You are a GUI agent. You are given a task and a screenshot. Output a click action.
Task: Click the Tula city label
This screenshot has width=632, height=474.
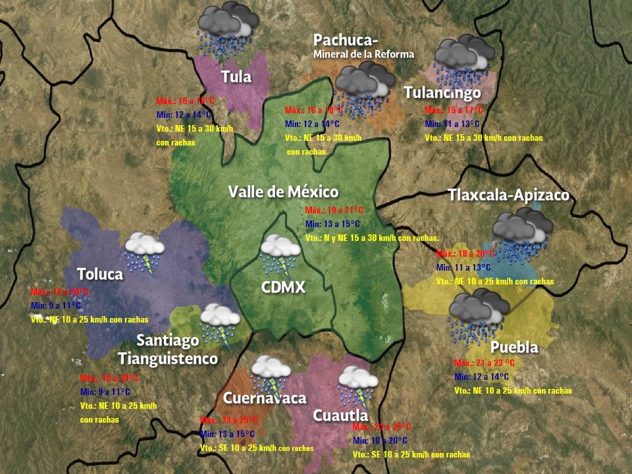[236, 76]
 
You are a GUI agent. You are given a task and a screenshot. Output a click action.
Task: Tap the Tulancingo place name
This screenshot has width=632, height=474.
[442, 92]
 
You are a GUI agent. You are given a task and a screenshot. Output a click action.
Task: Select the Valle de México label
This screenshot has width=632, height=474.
[283, 192]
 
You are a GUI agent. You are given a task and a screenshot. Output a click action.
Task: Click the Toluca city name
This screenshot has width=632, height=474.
[100, 274]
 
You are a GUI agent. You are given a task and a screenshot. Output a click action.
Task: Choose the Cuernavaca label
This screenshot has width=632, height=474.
[265, 398]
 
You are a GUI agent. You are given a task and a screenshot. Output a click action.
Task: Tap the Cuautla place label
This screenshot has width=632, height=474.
[340, 416]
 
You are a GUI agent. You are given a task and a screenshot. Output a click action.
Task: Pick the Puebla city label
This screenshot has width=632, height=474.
[514, 347]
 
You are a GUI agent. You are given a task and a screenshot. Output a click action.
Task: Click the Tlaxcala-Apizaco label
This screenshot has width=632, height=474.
[508, 196]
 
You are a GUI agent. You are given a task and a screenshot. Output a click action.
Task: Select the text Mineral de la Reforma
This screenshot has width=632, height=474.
[363, 54]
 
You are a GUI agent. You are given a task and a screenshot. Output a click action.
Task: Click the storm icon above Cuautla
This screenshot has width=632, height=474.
[357, 386]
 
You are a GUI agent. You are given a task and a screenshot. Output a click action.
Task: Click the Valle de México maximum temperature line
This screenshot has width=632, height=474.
[334, 211]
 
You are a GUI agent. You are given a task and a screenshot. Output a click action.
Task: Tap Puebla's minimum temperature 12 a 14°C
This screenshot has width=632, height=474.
[481, 377]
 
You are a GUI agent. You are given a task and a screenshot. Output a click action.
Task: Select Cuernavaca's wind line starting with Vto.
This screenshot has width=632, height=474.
[257, 448]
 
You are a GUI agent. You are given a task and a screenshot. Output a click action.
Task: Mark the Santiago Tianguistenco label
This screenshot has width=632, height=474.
[168, 350]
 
